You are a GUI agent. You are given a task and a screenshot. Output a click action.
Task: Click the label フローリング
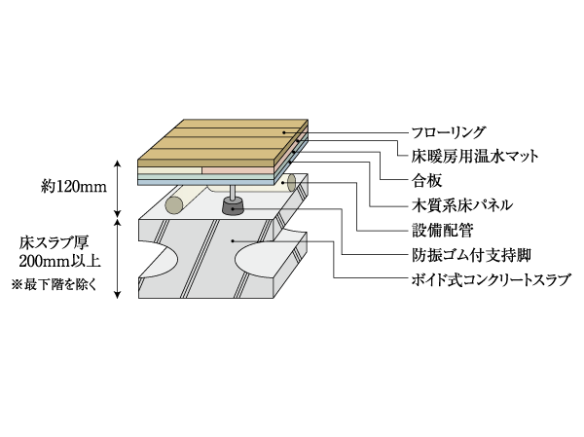pos(449,130)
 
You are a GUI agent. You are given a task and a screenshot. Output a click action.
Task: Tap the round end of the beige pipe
pos(175,204)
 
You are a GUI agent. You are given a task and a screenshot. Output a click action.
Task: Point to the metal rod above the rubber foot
pos(235,189)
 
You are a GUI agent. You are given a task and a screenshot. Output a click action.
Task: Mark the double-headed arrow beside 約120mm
pos(118,188)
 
